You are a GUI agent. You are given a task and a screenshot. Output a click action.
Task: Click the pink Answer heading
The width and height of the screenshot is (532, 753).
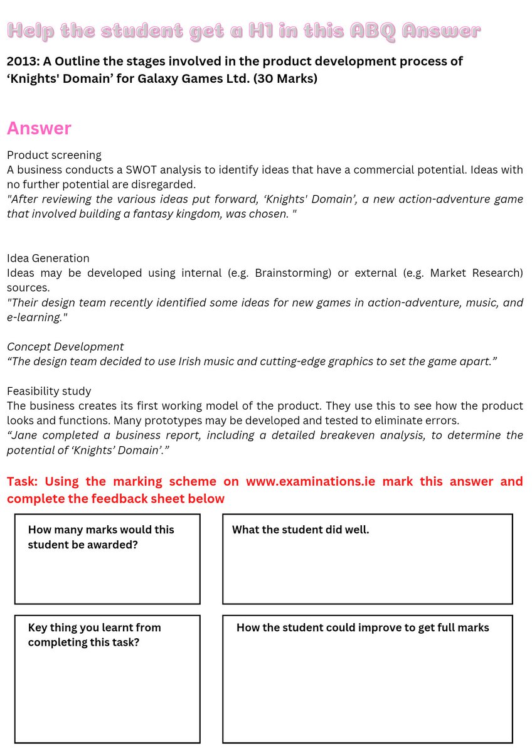pos(39,128)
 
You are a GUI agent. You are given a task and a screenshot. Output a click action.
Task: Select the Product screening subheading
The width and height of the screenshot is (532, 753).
pos(54,155)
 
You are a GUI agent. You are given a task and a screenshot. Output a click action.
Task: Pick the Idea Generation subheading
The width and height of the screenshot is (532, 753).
pos(48,258)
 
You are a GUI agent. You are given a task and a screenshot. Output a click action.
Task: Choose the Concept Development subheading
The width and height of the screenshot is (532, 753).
pos(65,346)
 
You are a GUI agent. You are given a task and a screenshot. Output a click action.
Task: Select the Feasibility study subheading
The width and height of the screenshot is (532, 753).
pos(49,391)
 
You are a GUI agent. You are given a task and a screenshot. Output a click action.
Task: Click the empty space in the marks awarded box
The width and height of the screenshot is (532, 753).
pos(107,577)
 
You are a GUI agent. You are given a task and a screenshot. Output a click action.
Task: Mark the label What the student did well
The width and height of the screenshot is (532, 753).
pos(301,530)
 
